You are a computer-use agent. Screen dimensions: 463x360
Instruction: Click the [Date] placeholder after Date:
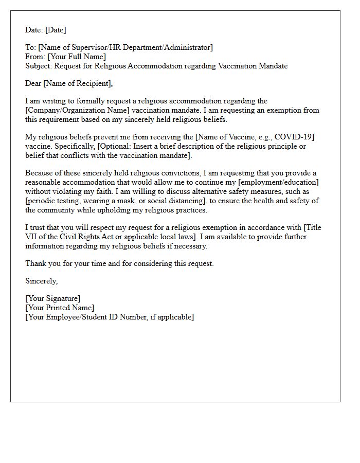tap(55, 30)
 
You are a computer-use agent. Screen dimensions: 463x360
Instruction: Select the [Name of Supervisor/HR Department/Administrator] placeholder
tap(125, 47)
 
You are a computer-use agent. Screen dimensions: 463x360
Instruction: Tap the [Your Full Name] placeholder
tap(77, 57)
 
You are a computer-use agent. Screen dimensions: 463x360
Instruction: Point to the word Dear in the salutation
tap(33, 83)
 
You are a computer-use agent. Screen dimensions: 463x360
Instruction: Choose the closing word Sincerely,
tap(41, 281)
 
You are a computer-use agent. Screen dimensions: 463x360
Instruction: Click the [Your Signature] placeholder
tap(53, 298)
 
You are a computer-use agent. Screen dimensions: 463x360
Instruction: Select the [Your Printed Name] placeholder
tap(60, 308)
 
